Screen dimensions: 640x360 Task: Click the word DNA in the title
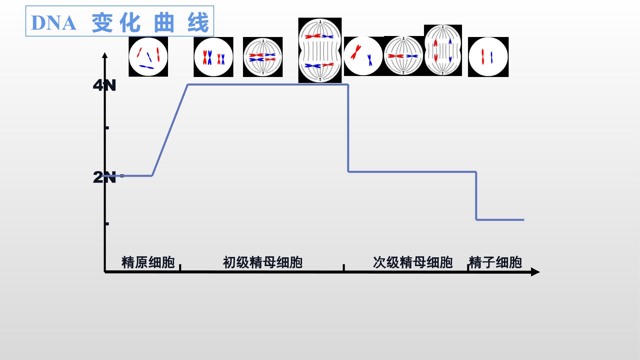click(54, 23)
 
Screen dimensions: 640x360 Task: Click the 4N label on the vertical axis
click(104, 86)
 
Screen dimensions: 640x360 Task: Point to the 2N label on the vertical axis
click(104, 177)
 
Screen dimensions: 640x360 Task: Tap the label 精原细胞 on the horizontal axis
click(148, 262)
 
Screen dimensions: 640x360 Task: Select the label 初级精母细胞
click(263, 262)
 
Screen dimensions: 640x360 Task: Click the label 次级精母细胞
click(413, 262)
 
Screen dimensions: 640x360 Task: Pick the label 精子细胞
click(495, 262)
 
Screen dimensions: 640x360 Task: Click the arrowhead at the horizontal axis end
click(535, 272)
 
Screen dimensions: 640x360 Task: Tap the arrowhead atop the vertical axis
click(105, 55)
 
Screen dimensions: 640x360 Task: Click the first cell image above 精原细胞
click(148, 57)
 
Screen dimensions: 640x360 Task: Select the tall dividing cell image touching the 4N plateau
click(320, 50)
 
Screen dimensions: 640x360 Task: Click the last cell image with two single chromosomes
click(488, 57)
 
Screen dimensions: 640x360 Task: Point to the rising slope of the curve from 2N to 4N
click(170, 130)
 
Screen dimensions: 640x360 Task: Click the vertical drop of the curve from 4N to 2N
click(348, 128)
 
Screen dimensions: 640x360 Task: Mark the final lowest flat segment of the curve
click(500, 220)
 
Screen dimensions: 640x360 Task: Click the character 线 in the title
click(198, 23)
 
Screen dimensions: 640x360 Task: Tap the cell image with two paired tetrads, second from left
click(213, 57)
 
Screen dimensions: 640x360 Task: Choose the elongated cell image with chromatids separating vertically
click(443, 50)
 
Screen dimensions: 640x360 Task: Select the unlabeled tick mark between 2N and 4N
click(107, 128)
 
